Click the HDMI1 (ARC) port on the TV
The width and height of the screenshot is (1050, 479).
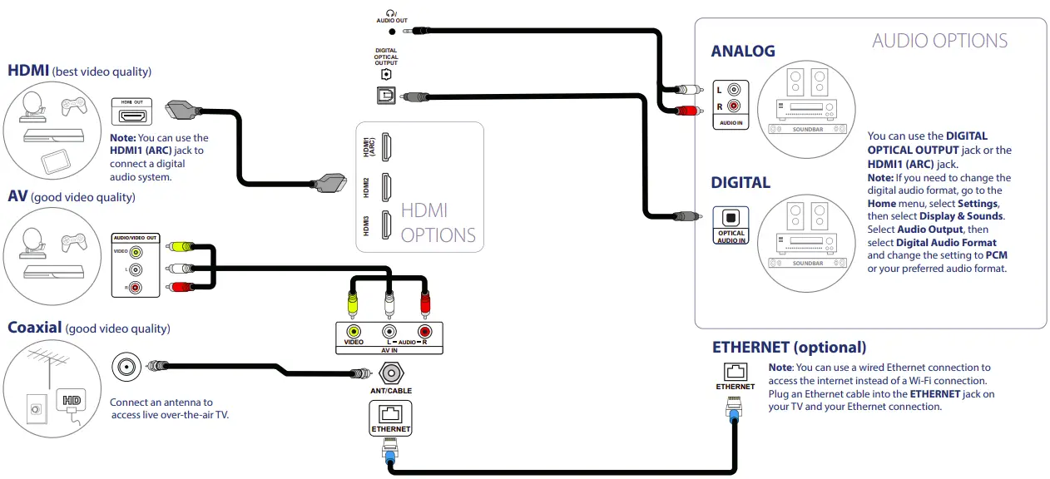[x=386, y=147]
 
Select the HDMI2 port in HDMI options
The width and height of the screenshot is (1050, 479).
[x=386, y=187]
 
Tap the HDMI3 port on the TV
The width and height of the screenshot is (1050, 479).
[x=386, y=225]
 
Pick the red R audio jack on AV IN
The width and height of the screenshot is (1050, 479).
[x=425, y=331]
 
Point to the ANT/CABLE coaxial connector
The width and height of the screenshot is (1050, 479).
[x=391, y=374]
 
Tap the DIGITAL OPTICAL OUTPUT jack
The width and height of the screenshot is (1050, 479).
[x=385, y=96]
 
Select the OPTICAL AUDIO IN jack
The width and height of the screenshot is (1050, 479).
[x=731, y=217]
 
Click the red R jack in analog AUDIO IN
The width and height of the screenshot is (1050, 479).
[x=733, y=106]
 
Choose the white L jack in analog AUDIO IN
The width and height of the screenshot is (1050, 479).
[x=733, y=90]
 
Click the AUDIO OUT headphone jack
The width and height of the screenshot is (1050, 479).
[x=391, y=31]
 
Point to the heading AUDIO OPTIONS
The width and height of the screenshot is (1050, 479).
[x=939, y=41]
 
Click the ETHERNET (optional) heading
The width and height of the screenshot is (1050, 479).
[x=789, y=347]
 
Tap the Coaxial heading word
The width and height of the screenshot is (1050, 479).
[x=34, y=328]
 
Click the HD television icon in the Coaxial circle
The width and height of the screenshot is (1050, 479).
[x=72, y=401]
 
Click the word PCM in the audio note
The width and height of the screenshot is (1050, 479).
[x=996, y=255]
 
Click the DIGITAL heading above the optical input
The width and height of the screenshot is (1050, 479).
[x=740, y=182]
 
